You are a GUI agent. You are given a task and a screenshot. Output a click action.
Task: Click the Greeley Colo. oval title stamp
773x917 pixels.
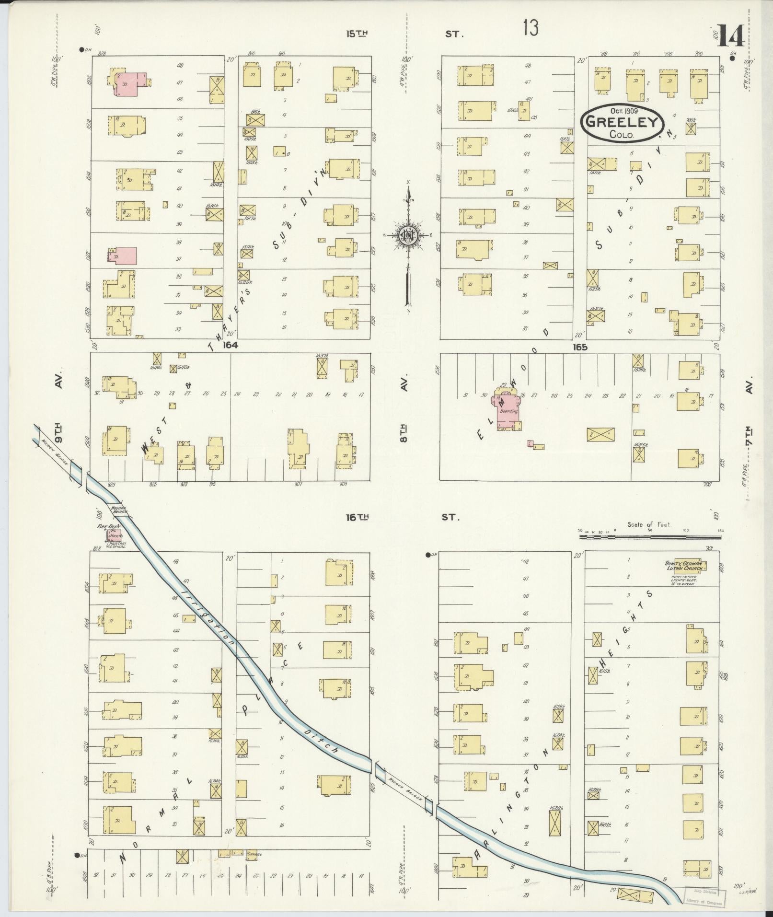(x=622, y=122)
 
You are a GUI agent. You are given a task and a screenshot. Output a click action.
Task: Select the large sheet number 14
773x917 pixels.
(x=730, y=36)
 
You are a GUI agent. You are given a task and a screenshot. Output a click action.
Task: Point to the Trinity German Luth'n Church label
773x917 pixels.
(x=683, y=566)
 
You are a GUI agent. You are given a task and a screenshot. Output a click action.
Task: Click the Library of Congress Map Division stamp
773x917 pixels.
(x=704, y=896)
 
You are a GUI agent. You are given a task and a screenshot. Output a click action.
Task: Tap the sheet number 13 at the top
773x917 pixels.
(x=531, y=29)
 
